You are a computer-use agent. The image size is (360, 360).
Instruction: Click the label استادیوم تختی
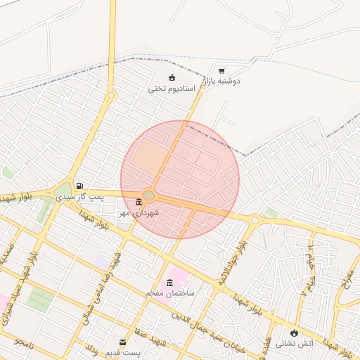[x=172, y=89]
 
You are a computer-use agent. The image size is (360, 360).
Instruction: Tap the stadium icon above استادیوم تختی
[x=172, y=78]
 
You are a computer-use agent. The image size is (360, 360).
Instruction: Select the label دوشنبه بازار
[x=221, y=82]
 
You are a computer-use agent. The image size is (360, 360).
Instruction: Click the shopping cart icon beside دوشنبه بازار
[x=221, y=71]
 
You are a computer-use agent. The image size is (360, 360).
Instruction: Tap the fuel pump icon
[x=79, y=186]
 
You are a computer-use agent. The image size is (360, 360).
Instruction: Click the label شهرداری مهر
[x=139, y=212]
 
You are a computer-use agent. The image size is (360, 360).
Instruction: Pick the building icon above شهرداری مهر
[x=139, y=202]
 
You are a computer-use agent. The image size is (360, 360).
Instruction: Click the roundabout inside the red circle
[x=148, y=195]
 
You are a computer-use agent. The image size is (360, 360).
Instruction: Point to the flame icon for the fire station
[x=294, y=333]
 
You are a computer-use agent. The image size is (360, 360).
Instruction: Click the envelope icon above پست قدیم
[x=124, y=342]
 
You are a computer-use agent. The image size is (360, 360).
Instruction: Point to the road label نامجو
[x=26, y=341]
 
